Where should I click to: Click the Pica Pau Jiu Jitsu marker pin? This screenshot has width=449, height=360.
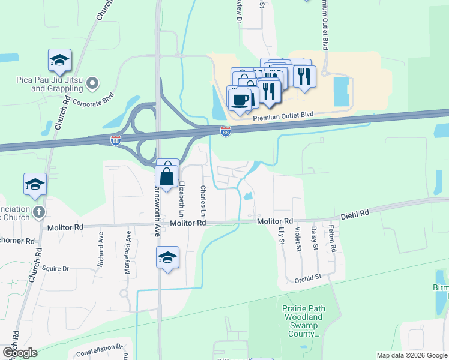(92, 83)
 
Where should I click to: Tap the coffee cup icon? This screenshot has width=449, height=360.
(240, 99)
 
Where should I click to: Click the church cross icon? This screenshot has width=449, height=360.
(38, 212)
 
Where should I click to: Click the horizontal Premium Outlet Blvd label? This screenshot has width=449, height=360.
(283, 116)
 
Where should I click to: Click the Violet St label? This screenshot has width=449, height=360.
(298, 235)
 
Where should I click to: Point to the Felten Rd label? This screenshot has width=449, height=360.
(331, 238)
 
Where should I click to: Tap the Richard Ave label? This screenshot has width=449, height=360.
(101, 245)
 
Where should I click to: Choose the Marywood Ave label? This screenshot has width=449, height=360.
(127, 246)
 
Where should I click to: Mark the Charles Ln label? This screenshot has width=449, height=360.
(203, 202)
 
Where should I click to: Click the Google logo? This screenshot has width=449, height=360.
(20, 352)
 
